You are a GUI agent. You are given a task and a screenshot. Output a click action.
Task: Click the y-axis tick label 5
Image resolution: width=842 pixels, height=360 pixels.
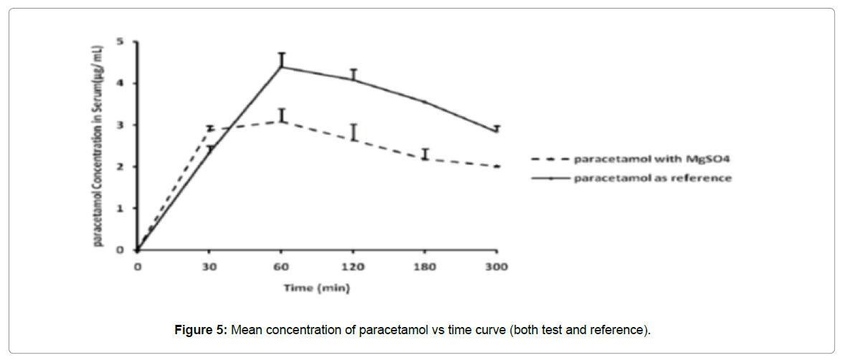[x=120, y=41]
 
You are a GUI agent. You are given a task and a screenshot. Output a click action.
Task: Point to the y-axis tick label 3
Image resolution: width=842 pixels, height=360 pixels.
[x=120, y=125]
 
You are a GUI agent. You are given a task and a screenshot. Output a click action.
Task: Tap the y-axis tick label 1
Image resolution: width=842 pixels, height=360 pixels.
[x=120, y=208]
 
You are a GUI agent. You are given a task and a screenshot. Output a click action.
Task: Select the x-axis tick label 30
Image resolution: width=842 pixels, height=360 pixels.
[x=209, y=266]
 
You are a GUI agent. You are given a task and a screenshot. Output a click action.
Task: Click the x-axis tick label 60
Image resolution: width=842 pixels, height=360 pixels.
[x=281, y=266]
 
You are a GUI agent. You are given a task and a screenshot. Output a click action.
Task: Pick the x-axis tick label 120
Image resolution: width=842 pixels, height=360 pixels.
[x=353, y=266]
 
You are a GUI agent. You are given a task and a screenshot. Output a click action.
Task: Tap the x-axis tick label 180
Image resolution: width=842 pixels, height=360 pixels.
[x=425, y=266]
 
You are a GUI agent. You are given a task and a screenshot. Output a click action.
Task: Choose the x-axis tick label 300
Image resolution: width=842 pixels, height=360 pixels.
[x=496, y=266]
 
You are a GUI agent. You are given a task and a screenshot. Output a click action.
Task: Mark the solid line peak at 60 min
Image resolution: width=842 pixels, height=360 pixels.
[x=281, y=67]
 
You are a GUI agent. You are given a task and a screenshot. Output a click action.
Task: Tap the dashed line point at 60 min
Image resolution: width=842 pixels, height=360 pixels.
[x=281, y=121]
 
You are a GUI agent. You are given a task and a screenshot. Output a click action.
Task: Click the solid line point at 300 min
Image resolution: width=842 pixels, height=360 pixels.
[x=496, y=131]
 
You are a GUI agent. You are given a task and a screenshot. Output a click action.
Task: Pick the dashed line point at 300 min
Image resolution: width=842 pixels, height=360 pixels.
[x=496, y=166]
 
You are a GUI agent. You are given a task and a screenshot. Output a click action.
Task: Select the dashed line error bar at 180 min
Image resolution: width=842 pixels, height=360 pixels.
[x=425, y=153]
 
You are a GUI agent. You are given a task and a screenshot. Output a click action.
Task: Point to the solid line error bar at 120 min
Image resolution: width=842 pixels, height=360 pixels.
[x=353, y=74]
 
